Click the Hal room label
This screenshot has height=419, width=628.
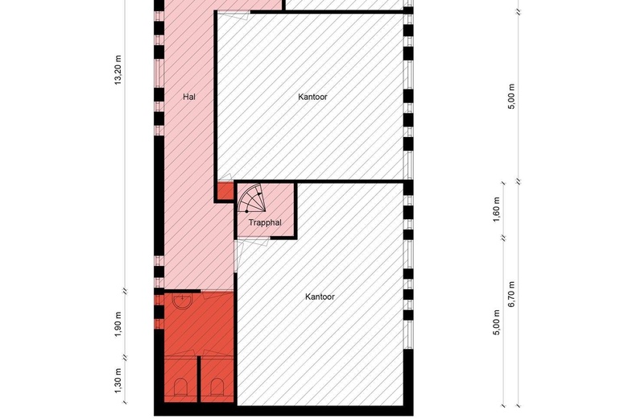tap(189, 97)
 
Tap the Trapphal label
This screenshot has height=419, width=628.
tap(265, 222)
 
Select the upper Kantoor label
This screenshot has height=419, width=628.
tap(313, 97)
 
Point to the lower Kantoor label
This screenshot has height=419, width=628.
tap(320, 297)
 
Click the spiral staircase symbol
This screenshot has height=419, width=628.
tap(251, 198)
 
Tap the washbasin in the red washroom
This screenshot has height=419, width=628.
tap(183, 300)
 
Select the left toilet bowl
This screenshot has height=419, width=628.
tap(180, 387)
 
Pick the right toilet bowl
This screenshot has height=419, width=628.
tap(217, 387)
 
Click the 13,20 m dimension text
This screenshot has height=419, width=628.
tap(118, 70)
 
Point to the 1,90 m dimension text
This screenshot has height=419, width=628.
tap(118, 324)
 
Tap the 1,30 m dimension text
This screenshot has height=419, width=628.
tap(118, 380)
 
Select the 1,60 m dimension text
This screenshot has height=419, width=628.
tap(497, 209)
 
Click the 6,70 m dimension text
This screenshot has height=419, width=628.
tap(511, 294)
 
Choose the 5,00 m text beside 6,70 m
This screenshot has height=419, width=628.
tap(497, 322)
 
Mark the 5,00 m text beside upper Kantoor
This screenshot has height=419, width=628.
tap(511, 96)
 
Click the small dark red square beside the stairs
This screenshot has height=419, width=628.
tap(225, 191)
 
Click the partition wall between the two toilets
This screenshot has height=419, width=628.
tap(199, 379)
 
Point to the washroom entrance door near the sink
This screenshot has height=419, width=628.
tap(217, 295)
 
